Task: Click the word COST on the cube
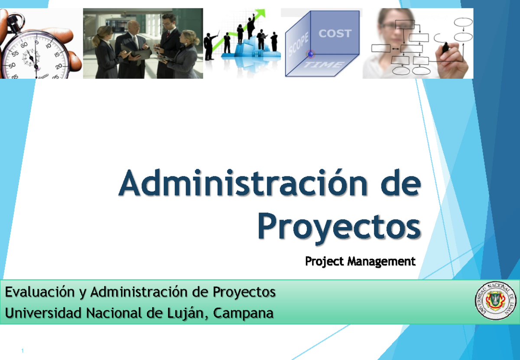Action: pyautogui.click(x=335, y=33)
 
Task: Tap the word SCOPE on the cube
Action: pyautogui.click(x=299, y=45)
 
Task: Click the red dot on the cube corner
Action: pyautogui.click(x=310, y=54)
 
